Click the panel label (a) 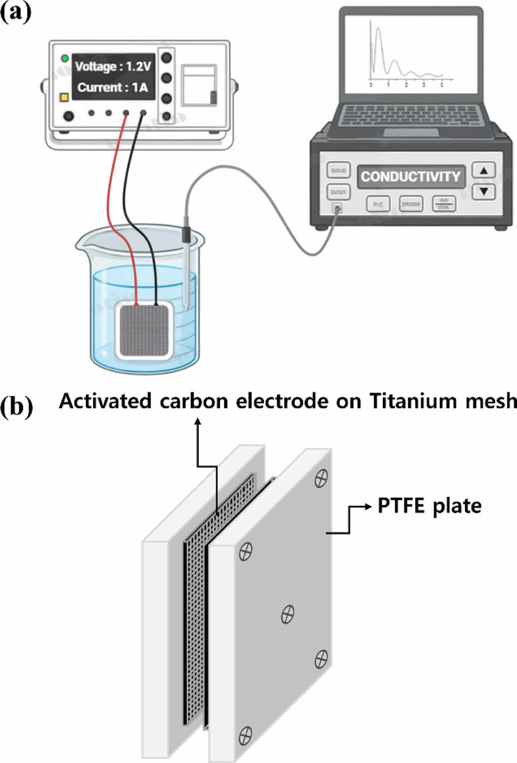coord(16,11)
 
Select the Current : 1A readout coord(113,87)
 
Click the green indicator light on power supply coord(65,59)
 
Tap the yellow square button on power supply coord(64,97)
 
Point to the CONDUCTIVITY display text coord(410,177)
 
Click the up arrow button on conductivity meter coord(483,171)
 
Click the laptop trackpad coord(410,132)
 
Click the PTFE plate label coord(429,506)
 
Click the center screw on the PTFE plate coord(287,615)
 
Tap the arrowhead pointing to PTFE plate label coord(369,506)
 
